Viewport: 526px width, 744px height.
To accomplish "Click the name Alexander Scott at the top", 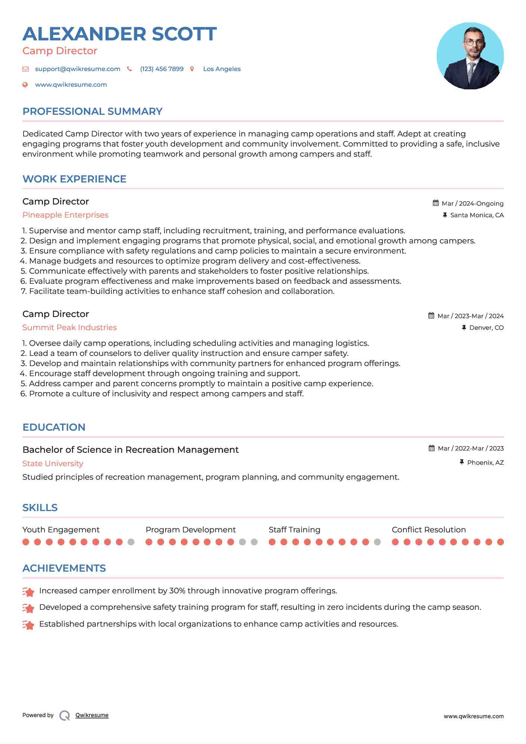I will coord(120,34).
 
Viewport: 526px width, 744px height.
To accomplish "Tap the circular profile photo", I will coord(470,56).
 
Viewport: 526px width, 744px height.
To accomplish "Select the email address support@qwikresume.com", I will coord(77,69).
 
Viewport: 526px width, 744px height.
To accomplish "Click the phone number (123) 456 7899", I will coord(162,69).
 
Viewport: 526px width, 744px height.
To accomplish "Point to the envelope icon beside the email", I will coord(25,69).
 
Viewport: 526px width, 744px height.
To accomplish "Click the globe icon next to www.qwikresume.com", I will coord(25,85).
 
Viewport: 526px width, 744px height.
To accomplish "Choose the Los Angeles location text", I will coord(222,69).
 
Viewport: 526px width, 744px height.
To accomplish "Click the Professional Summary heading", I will coord(92,111).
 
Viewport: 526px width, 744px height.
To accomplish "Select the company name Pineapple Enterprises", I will coord(65,215).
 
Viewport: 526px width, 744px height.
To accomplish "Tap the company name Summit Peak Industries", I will coord(70,328).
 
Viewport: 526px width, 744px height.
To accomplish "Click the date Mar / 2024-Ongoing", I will coord(473,203).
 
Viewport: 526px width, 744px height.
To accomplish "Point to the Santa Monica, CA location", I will coord(477,215).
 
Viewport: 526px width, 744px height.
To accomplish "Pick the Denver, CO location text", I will coord(486,328).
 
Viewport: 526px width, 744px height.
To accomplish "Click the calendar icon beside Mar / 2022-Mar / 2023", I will coord(432,448).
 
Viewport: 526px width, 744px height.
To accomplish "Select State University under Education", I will coord(53,464).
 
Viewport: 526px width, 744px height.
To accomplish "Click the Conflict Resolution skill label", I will coord(428,530).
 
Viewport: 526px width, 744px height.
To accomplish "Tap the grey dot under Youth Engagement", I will coord(131,542).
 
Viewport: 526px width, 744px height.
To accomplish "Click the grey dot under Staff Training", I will coord(377,542).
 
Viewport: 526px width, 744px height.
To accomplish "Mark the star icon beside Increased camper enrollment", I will coord(28,592).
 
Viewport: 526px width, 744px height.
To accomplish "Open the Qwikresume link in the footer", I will coord(92,715).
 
